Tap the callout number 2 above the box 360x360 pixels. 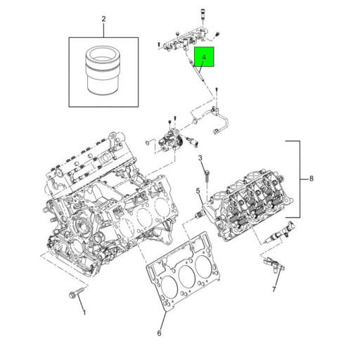[103, 19]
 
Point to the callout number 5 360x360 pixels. [198, 190]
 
